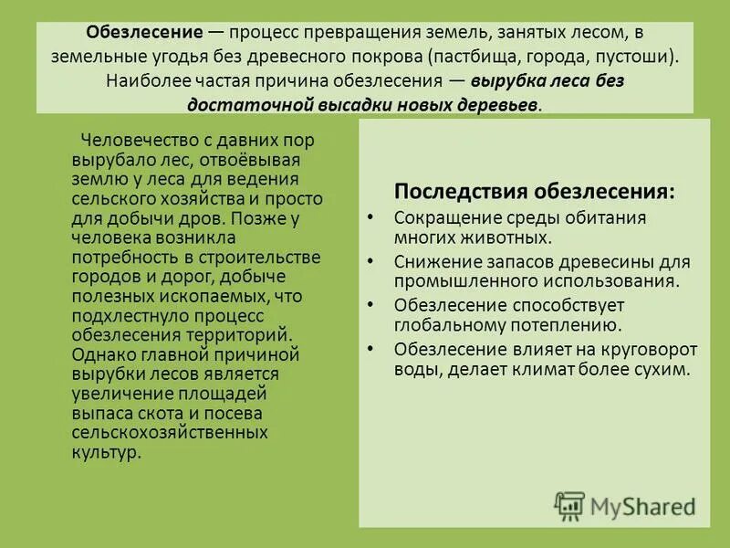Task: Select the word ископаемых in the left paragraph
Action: point(205,296)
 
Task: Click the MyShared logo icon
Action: point(569,505)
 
